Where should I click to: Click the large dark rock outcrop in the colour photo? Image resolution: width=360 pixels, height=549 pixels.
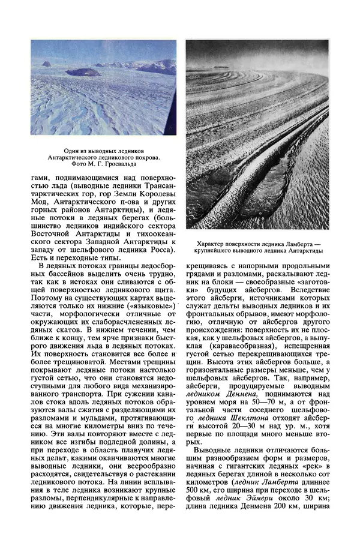(x=83, y=72)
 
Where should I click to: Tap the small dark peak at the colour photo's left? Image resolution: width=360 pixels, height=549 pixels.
(x=46, y=63)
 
